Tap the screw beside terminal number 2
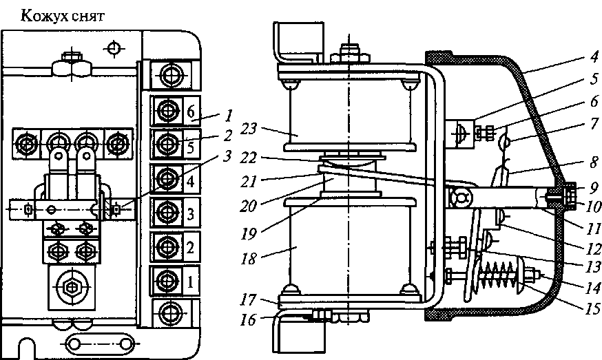(167, 246)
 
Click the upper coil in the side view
(351, 114)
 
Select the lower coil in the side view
(351, 244)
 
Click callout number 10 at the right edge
(584, 205)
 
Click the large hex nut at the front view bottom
(69, 287)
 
